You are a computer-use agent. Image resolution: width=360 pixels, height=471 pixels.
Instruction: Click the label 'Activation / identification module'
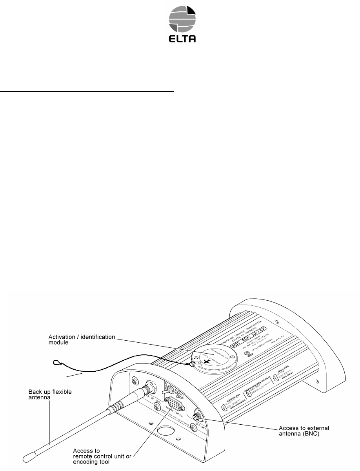coord(82,340)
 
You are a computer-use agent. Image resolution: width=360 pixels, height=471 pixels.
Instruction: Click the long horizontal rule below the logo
coord(87,91)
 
